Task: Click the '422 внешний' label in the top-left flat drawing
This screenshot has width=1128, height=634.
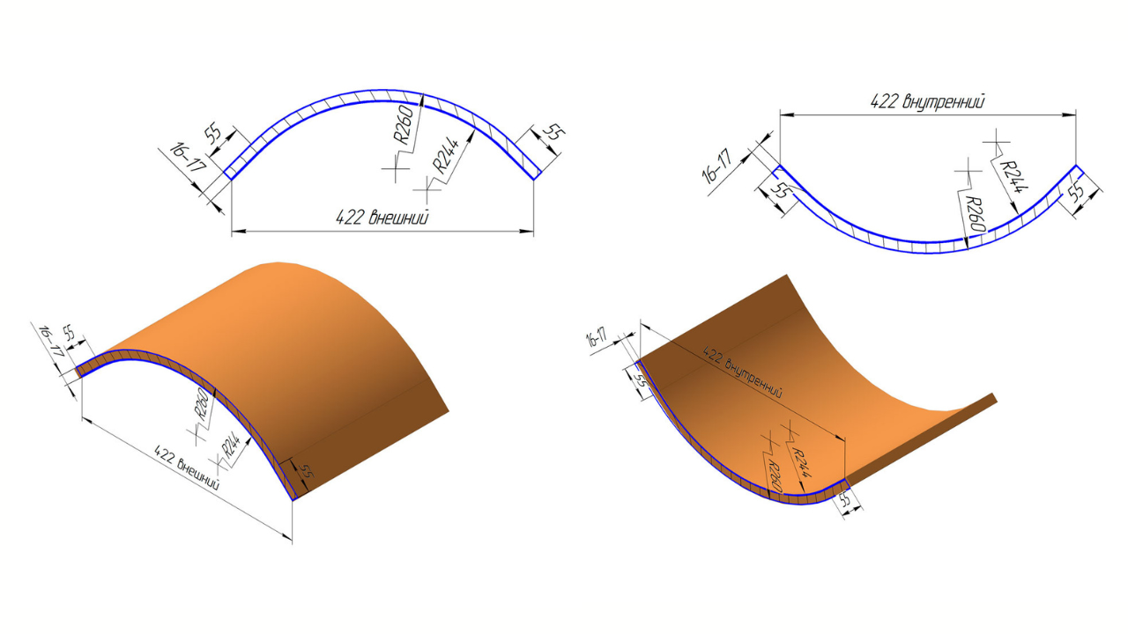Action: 382,217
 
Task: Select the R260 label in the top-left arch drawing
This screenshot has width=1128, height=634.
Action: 404,124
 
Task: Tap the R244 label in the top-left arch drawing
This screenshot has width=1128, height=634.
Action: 445,155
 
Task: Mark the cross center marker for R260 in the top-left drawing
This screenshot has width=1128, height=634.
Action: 397,168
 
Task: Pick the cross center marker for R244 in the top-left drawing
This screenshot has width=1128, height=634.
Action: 427,190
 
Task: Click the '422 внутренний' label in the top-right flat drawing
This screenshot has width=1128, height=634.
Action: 927,101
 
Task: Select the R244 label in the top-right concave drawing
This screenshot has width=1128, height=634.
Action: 1013,177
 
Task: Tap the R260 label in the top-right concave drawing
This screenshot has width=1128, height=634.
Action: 975,215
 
